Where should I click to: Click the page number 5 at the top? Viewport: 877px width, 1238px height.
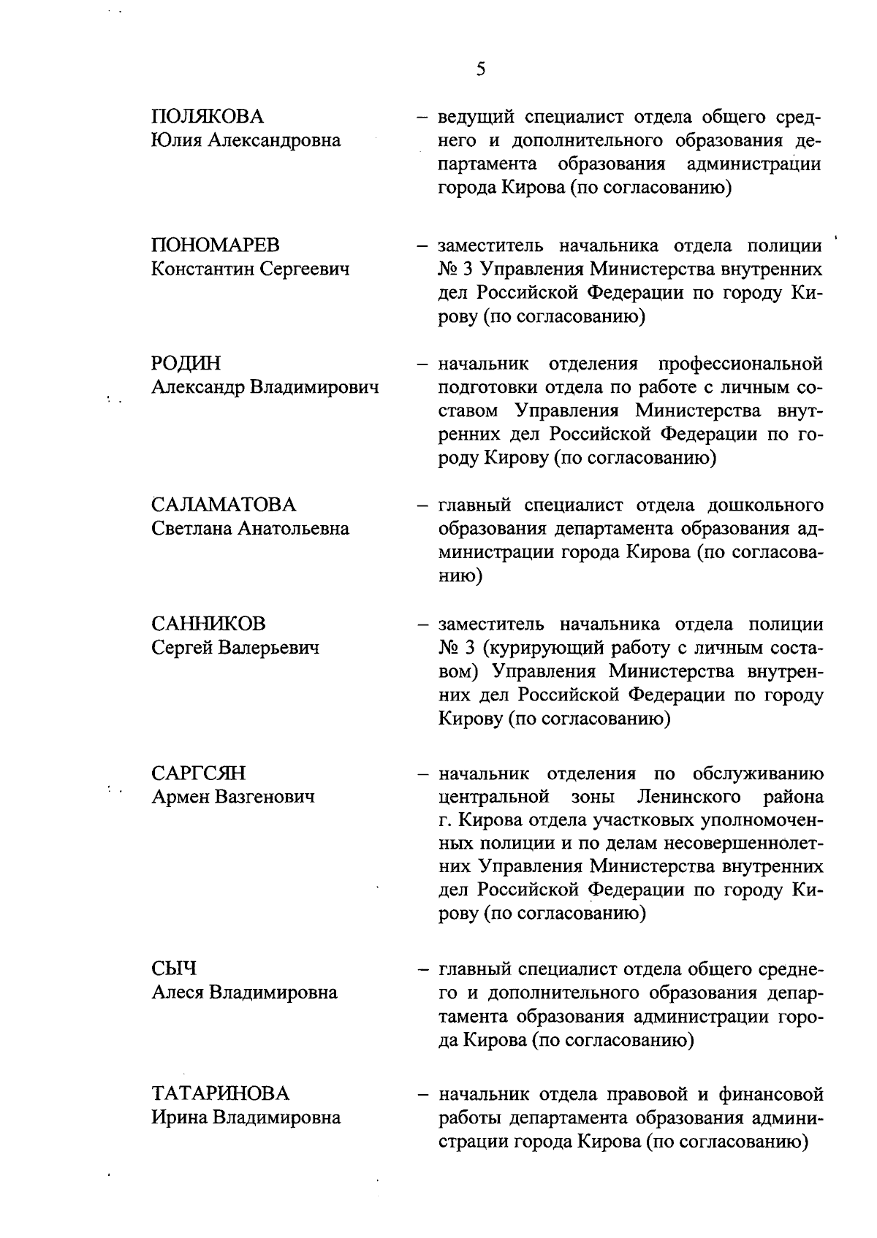[x=480, y=69]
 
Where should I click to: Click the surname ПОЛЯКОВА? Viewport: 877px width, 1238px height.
[x=208, y=117]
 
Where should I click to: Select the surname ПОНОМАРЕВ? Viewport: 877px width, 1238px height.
[x=216, y=245]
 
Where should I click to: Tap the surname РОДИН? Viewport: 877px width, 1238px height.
[x=186, y=364]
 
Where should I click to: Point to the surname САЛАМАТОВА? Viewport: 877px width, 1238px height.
[x=224, y=505]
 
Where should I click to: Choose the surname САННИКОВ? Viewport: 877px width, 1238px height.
[x=209, y=624]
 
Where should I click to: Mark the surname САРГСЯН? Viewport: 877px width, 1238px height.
[x=199, y=773]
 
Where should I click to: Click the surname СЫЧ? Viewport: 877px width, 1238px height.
[x=175, y=969]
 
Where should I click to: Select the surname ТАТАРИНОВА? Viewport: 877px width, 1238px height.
[x=221, y=1094]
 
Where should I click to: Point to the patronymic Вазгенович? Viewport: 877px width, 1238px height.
[x=265, y=797]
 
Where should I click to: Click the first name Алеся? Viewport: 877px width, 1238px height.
[x=178, y=993]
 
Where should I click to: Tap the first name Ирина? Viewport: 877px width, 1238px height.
[x=179, y=1117]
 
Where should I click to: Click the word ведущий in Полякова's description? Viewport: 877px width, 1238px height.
[x=475, y=117]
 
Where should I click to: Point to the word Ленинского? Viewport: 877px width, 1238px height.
[x=688, y=797]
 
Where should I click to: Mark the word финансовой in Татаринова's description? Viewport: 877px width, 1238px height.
[x=770, y=1094]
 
